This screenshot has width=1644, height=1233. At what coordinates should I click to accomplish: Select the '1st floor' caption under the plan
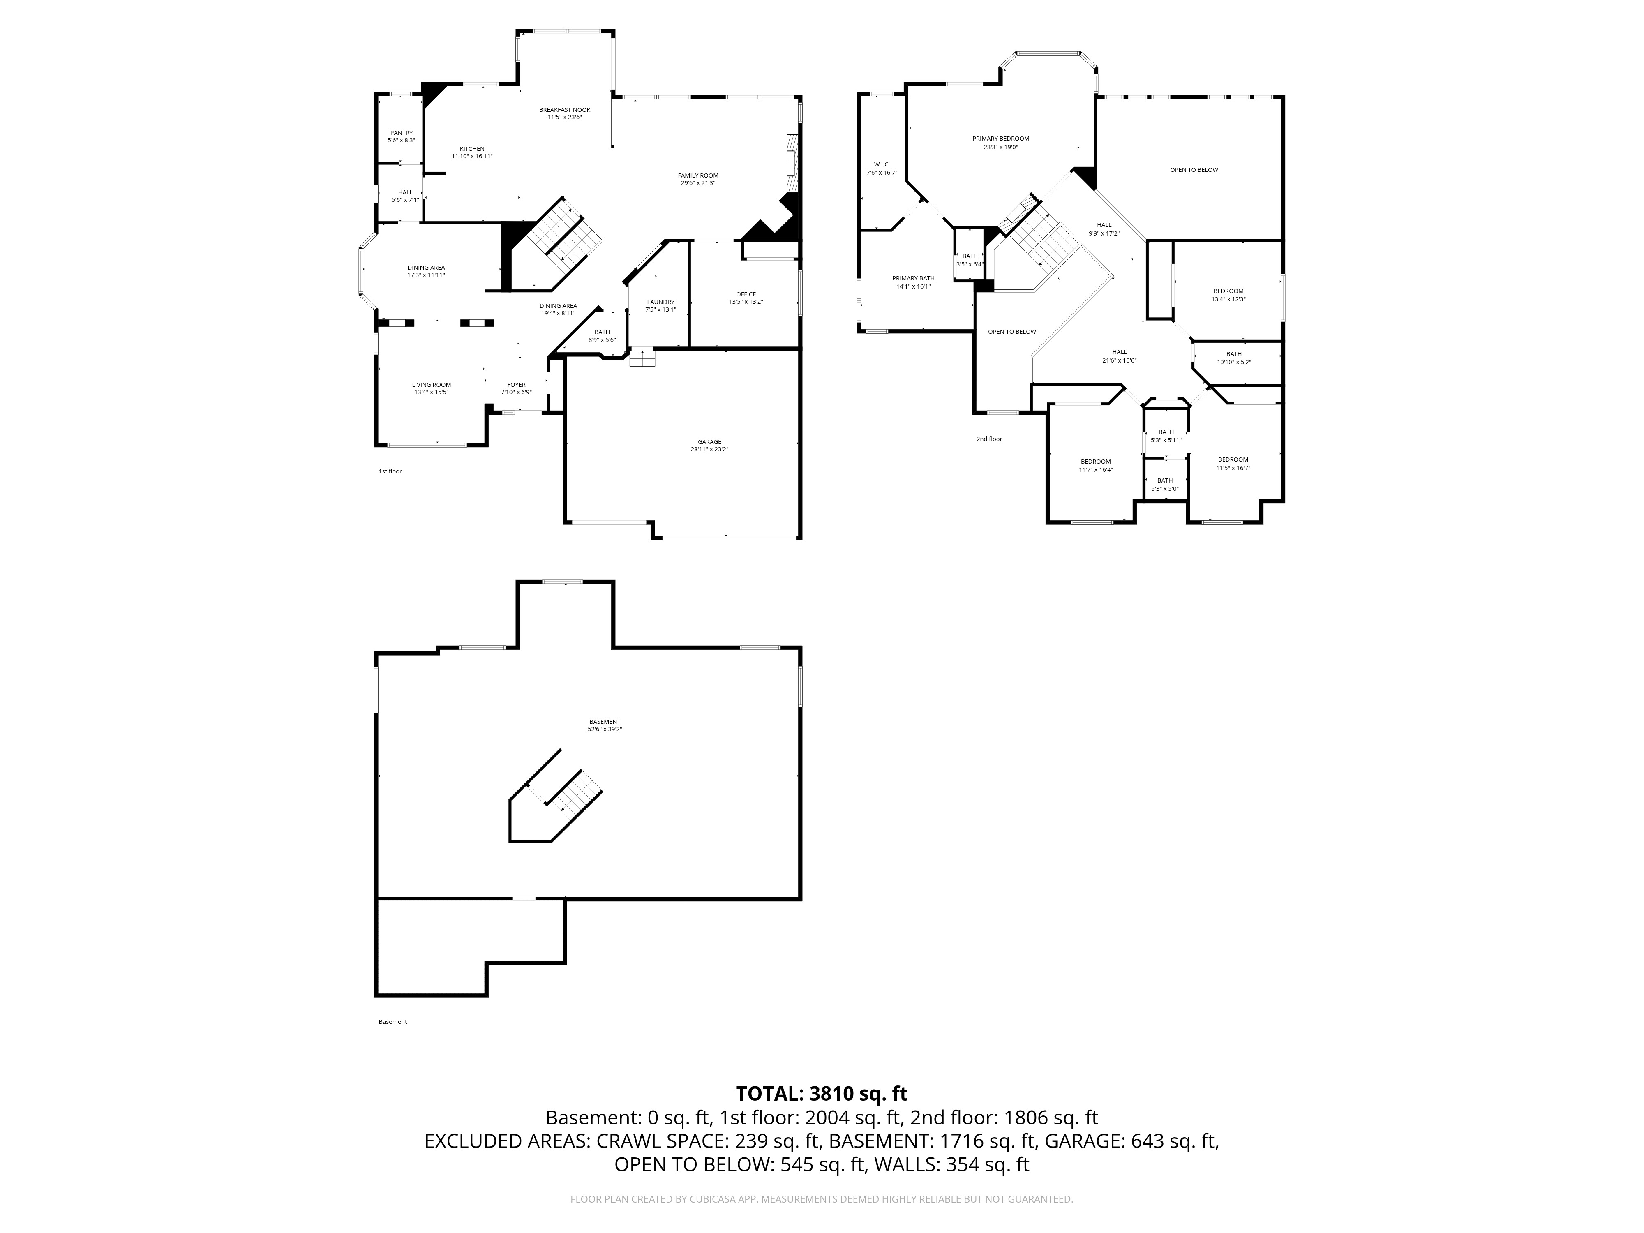tap(390, 471)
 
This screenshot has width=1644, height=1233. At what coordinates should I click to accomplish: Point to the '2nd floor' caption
tap(989, 439)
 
